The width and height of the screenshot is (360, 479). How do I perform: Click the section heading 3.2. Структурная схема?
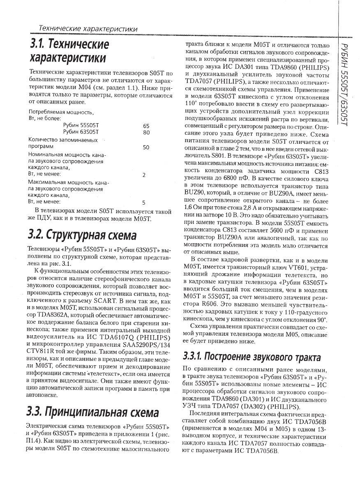click(x=82, y=235)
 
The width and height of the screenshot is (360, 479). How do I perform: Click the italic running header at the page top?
click(x=88, y=29)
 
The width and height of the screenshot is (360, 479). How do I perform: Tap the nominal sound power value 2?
click(x=144, y=175)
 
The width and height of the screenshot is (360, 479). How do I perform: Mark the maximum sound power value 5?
click(x=144, y=202)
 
